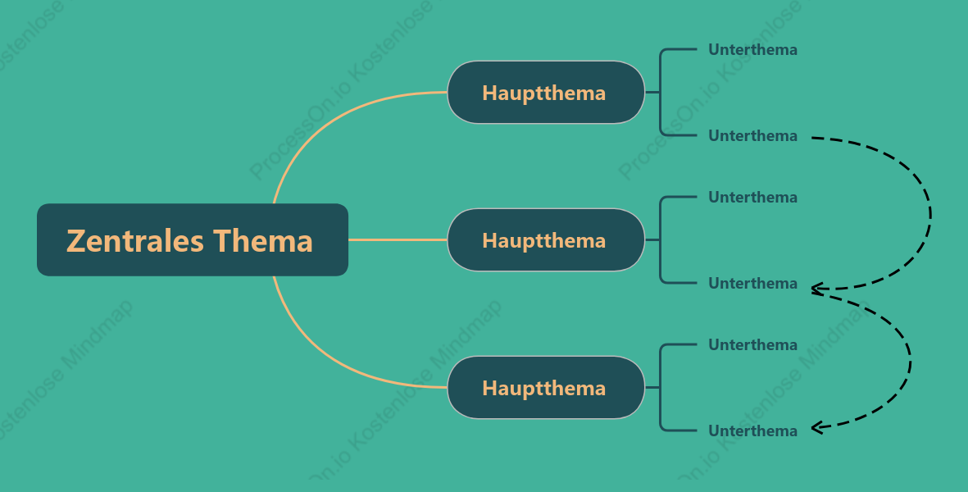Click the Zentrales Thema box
pos(193,239)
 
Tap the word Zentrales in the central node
pos(135,241)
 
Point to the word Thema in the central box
pos(263,241)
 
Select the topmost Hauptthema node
pos(546,93)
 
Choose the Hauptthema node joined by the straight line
pos(546,240)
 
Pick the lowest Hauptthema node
pos(546,388)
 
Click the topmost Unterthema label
pos(752,49)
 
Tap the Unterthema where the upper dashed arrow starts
pos(752,135)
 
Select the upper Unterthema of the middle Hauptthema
pos(752,197)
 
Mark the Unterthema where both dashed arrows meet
pos(752,284)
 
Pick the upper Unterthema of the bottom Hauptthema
pos(752,344)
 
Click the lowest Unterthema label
pos(752,430)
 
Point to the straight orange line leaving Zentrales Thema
pos(398,239)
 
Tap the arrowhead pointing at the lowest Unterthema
pos(816,427)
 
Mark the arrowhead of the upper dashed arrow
pos(816,288)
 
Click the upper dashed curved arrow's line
pos(930,213)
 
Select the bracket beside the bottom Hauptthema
pos(661,388)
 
